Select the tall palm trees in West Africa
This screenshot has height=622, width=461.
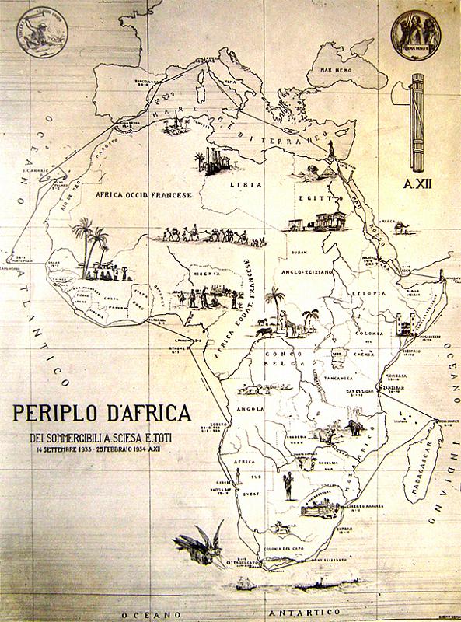pos(90,241)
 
